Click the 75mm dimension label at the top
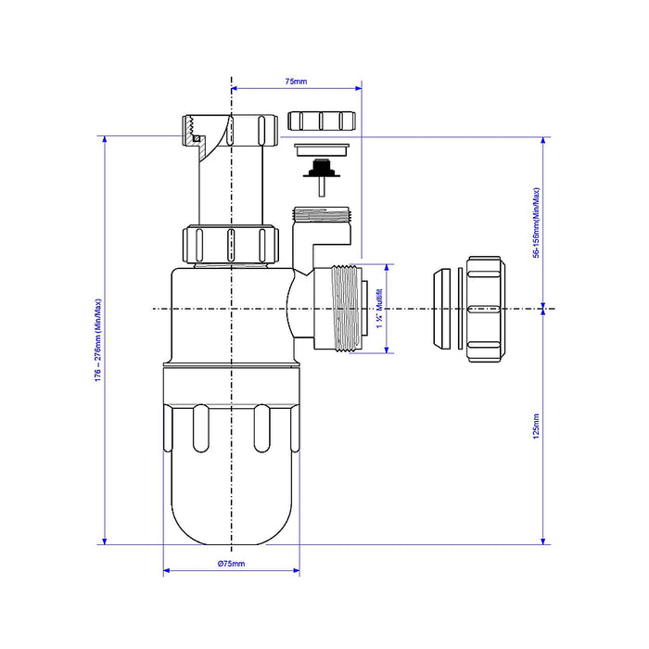pyautogui.click(x=296, y=82)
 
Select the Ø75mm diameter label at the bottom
pyautogui.click(x=232, y=564)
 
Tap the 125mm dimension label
pyautogui.click(x=536, y=426)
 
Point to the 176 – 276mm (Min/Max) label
pyautogui.click(x=98, y=340)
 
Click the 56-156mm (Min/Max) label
pyautogui.click(x=536, y=223)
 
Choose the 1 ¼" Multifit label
pyautogui.click(x=379, y=309)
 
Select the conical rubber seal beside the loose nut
pyautogui.click(x=442, y=309)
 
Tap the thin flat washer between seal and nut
pyautogui.click(x=460, y=309)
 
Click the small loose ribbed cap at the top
pyautogui.click(x=322, y=121)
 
